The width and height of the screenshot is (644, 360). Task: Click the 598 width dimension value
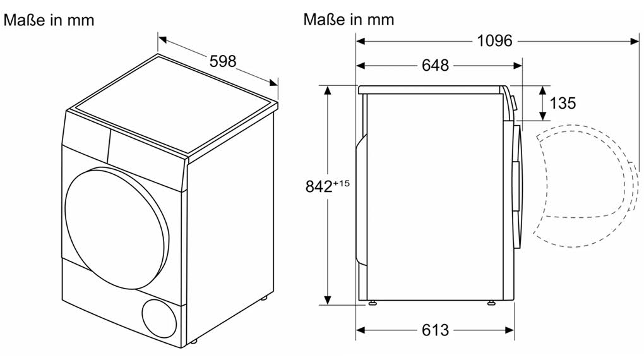tap(223, 61)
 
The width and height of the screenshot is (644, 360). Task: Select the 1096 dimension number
tap(494, 41)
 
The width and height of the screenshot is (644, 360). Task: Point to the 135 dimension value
tap(563, 103)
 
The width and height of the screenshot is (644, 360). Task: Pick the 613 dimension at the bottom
tap(435, 330)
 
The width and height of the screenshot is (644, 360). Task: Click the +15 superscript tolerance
tap(342, 183)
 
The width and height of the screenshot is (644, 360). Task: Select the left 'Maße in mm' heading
tap(49, 20)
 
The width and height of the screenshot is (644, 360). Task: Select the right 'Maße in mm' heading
tap(349, 20)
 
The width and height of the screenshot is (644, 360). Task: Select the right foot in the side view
tap(491, 303)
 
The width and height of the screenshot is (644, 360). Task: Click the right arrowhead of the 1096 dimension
tap(636, 41)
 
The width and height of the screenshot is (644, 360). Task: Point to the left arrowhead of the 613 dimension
tap(361, 330)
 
